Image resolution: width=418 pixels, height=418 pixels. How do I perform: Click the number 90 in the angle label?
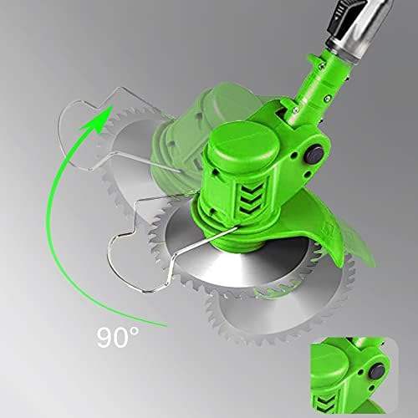point(113,338)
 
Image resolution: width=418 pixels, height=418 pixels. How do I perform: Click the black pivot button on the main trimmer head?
point(313,155)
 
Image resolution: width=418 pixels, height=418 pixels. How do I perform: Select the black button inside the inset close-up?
point(376,372)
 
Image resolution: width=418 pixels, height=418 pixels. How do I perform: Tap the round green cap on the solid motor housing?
point(244,144)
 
